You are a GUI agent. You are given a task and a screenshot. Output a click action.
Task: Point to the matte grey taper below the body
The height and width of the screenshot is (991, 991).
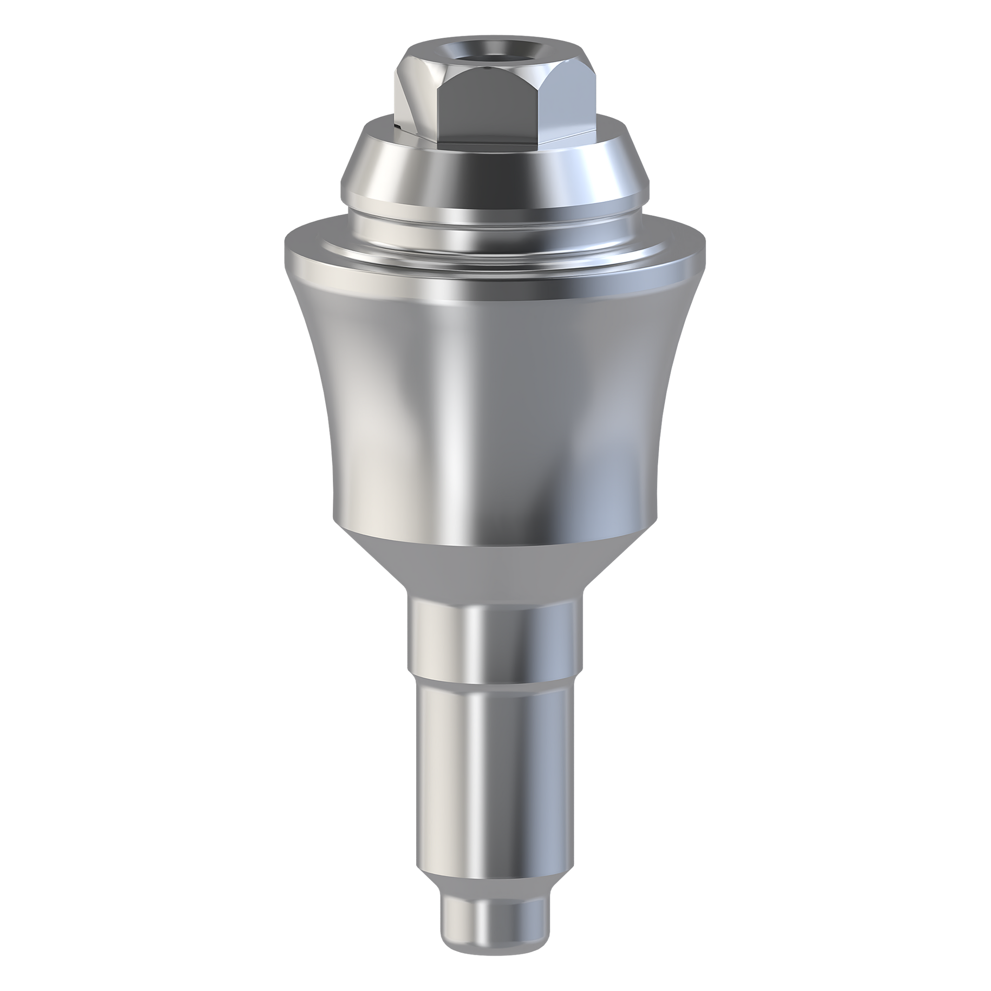(493, 570)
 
